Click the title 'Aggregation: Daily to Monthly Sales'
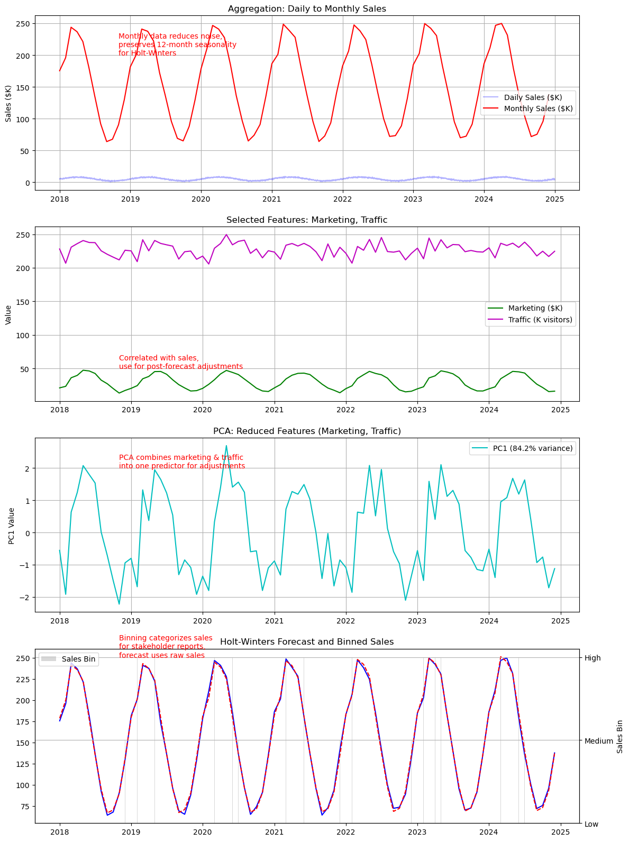click(307, 9)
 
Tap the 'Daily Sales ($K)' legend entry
click(533, 97)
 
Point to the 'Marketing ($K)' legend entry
click(535, 308)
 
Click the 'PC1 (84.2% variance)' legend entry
click(533, 448)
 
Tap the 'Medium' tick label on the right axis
click(598, 741)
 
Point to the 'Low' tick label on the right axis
click(591, 824)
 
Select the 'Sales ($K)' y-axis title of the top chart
click(8, 103)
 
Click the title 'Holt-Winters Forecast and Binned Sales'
click(307, 642)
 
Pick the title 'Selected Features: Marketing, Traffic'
click(307, 220)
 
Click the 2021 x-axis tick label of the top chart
click(272, 199)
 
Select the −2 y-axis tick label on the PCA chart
click(25, 598)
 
